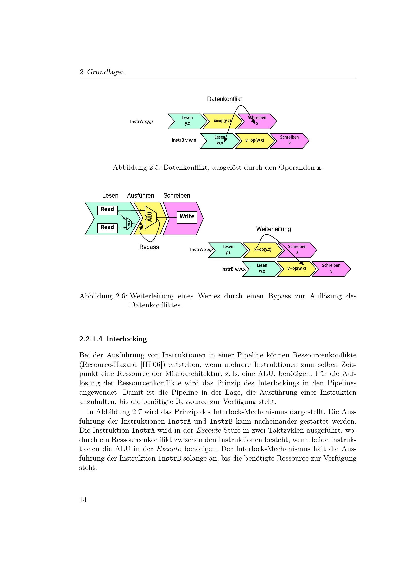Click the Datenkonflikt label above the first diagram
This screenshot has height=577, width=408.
click(224, 99)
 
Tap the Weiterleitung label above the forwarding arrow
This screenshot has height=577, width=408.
click(273, 229)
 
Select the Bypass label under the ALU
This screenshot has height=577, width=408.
click(149, 247)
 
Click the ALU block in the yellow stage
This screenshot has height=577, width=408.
click(150, 217)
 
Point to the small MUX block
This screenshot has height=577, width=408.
click(129, 223)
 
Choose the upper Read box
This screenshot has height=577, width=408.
click(107, 210)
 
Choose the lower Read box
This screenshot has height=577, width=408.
click(107, 228)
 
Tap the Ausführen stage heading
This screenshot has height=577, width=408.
click(140, 196)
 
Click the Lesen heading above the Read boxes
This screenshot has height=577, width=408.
click(110, 196)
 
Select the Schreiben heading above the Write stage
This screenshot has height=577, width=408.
click(177, 196)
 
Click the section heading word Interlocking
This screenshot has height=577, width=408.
click(127, 339)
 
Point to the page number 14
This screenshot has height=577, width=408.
click(83, 500)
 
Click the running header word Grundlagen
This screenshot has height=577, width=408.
click(106, 72)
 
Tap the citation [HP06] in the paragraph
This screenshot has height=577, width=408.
click(152, 364)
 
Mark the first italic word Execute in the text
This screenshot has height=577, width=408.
click(208, 430)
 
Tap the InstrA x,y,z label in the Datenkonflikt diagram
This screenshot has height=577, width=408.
click(142, 122)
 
